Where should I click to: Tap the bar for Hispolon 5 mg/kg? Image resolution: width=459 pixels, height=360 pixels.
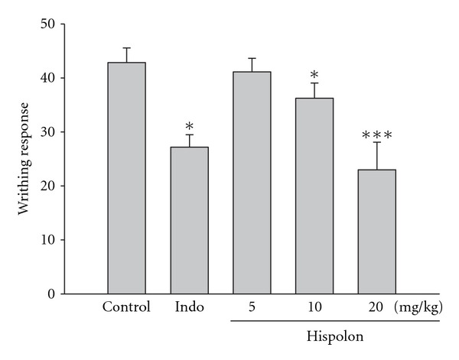[x=252, y=183]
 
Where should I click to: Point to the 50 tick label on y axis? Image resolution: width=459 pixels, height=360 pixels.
[x=48, y=24]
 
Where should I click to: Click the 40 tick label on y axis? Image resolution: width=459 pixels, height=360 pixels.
[x=48, y=78]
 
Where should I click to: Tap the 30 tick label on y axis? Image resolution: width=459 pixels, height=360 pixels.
[x=48, y=132]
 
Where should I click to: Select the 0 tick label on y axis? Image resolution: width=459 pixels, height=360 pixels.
[x=52, y=294]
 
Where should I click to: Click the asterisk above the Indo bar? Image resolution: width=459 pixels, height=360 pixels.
[x=190, y=127]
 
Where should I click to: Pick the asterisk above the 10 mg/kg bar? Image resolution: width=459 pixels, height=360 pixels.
[x=314, y=76]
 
